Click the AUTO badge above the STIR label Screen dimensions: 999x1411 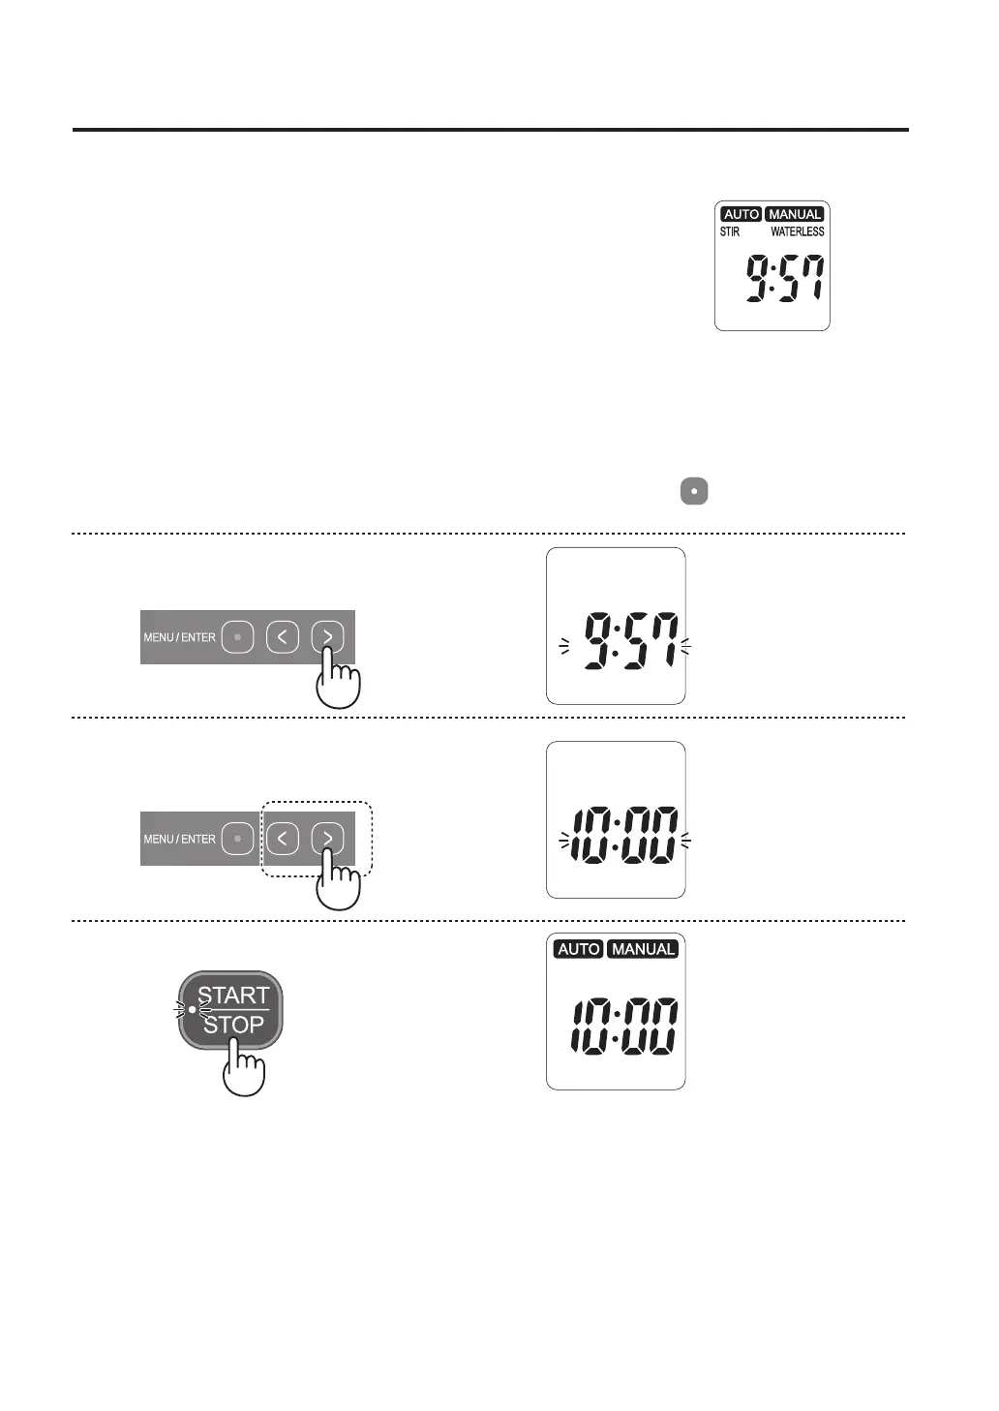pyautogui.click(x=742, y=214)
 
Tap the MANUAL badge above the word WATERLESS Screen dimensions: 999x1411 pyautogui.click(x=795, y=214)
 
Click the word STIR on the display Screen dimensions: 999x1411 pyautogui.click(x=730, y=231)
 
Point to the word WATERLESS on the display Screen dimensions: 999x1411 pyautogui.click(x=797, y=231)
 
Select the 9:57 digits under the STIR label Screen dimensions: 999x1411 pyautogui.click(x=785, y=280)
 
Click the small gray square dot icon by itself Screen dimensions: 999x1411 pyautogui.click(x=694, y=491)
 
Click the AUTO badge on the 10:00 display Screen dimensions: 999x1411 pyautogui.click(x=579, y=949)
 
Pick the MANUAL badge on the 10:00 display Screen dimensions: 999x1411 pyautogui.click(x=643, y=949)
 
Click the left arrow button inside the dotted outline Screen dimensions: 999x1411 pyautogui.click(x=282, y=839)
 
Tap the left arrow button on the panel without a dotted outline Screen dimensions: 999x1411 pyautogui.click(x=282, y=637)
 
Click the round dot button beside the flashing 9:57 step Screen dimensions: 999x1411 pyautogui.click(x=237, y=637)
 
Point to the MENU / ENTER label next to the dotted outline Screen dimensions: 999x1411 pyautogui.click(x=179, y=839)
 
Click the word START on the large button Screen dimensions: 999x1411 pyautogui.click(x=233, y=996)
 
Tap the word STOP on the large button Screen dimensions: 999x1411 pyautogui.click(x=233, y=1025)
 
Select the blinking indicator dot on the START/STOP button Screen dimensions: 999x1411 pyautogui.click(x=192, y=1009)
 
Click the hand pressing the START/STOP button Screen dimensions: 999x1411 pyautogui.click(x=243, y=1070)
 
